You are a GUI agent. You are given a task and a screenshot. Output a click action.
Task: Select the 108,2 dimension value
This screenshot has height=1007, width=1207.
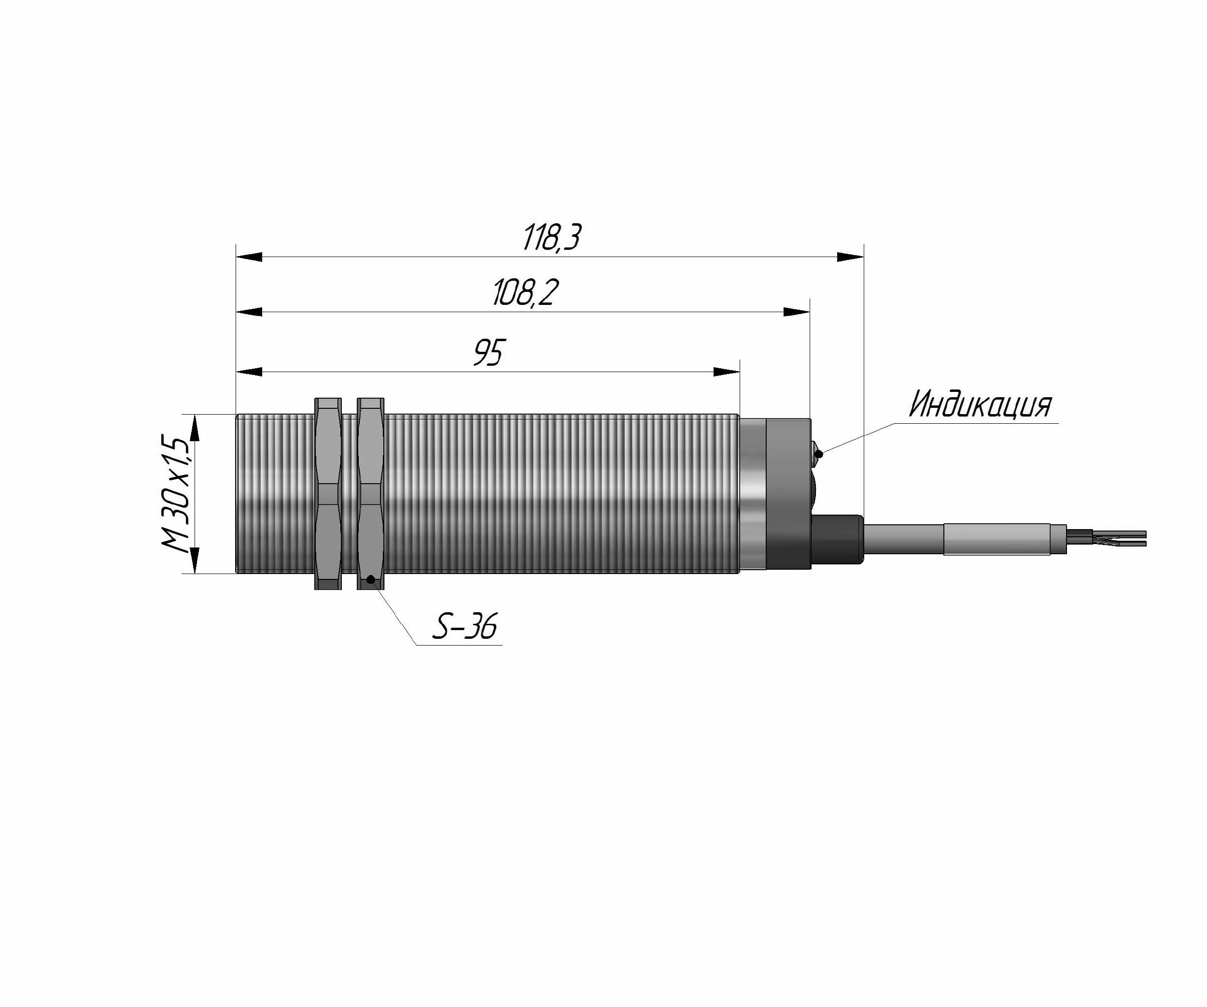click(525, 293)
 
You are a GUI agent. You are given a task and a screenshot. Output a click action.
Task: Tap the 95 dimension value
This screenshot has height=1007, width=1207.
click(489, 353)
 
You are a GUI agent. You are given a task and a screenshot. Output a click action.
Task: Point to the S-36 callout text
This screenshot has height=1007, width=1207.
click(464, 626)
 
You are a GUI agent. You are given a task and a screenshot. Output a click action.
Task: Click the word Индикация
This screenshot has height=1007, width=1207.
click(980, 404)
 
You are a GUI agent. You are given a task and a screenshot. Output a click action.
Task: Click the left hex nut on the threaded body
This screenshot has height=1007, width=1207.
click(328, 493)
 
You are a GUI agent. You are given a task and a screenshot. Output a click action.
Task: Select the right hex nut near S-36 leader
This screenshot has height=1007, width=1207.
click(371, 493)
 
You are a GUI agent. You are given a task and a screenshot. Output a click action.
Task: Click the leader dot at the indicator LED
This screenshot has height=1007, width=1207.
click(819, 454)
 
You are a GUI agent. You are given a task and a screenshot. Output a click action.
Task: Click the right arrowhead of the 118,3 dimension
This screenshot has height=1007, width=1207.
click(850, 257)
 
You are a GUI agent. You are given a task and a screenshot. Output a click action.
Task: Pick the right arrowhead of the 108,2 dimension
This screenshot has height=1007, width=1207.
click(797, 312)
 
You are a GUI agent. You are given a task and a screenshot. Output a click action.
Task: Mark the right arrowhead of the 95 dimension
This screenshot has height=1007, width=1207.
click(727, 372)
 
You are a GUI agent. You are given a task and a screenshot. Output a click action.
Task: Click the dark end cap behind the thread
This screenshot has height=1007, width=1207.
click(788, 493)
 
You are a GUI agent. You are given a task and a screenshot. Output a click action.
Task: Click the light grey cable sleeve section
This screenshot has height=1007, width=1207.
click(997, 539)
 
